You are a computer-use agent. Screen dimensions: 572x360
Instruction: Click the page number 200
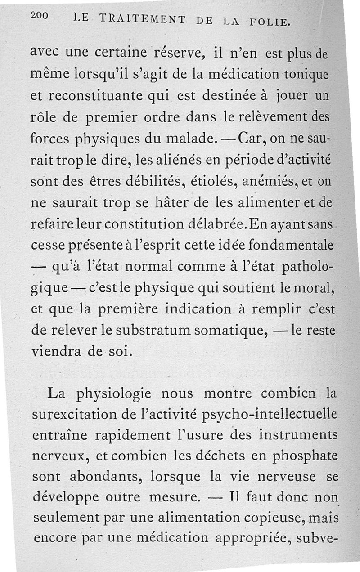click(40, 15)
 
